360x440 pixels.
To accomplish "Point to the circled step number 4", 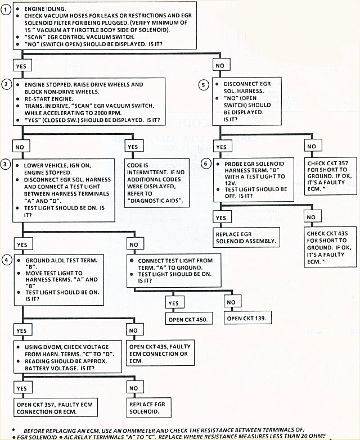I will (x=7, y=260).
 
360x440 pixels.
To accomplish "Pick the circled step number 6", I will (x=205, y=163).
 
